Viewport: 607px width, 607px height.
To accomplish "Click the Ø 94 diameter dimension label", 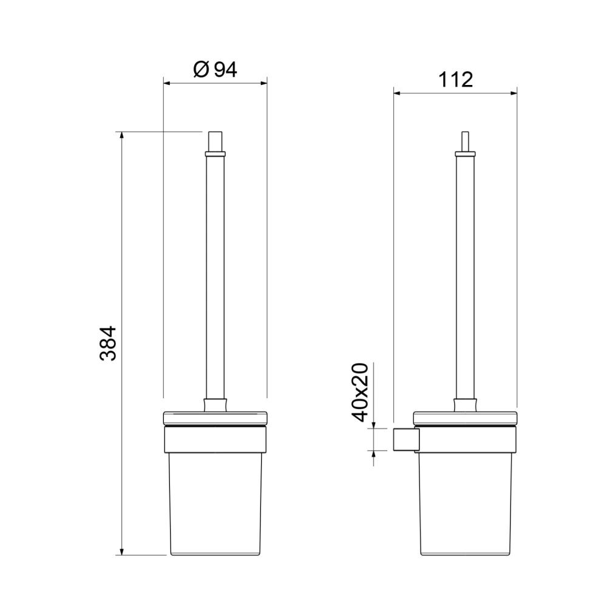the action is pos(215,70).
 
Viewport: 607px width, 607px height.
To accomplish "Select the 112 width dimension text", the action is pos(455,80).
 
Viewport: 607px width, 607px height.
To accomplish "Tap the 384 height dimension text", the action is pos(108,344).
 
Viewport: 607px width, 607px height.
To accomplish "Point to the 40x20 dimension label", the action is pos(359,392).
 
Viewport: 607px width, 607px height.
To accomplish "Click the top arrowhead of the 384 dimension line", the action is pos(121,135).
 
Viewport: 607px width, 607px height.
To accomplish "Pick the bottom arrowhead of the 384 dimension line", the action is pos(121,551).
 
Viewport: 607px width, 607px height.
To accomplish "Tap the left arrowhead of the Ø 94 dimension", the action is pos(167,83).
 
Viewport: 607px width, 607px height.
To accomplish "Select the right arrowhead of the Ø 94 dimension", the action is pos(263,83).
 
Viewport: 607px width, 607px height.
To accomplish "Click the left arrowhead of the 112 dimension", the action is pos(398,93).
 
